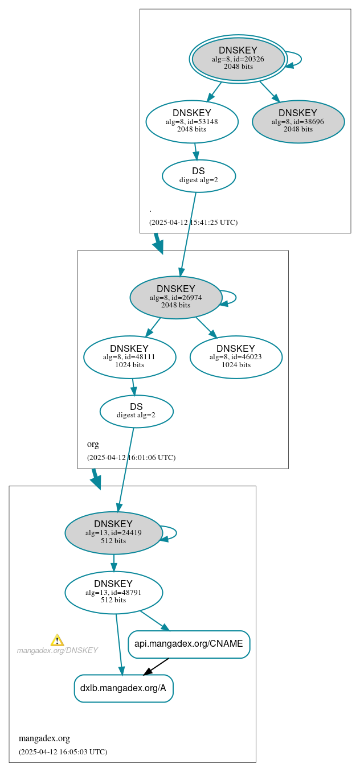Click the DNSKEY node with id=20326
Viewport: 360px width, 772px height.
pos(238,59)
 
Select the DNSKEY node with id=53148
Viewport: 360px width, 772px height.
pos(191,121)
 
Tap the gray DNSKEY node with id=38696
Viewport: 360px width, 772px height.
pos(298,121)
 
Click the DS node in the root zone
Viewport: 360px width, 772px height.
pos(198,175)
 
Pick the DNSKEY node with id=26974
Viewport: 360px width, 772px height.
pos(175,297)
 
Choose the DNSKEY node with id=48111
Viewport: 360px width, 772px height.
pos(129,357)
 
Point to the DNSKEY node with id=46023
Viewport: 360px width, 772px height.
pos(236,357)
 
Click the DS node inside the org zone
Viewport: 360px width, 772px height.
pos(136,411)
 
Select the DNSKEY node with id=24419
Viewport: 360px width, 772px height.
pos(113,533)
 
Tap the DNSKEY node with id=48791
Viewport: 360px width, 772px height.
pos(113,592)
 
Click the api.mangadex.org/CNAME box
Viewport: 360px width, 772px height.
pos(189,644)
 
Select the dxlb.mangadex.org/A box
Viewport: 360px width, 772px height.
pos(123,688)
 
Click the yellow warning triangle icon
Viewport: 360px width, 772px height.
pos(57,640)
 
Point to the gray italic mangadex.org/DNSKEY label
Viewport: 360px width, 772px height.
pos(57,650)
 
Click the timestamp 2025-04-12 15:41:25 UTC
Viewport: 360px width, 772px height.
pos(193,223)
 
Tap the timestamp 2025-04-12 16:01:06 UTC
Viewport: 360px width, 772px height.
pos(131,458)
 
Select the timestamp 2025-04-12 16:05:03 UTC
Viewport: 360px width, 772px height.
pos(63,752)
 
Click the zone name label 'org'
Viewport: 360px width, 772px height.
pos(93,444)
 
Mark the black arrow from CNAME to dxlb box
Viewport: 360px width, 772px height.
pos(156,667)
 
